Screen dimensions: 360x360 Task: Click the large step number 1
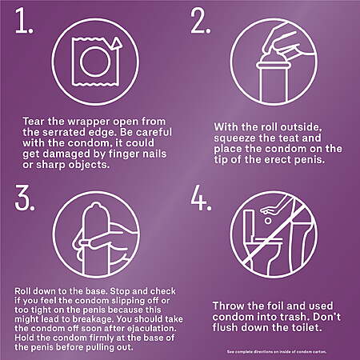click(x=24, y=21)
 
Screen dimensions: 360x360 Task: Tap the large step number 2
click(x=201, y=21)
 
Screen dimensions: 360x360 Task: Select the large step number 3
click(x=25, y=198)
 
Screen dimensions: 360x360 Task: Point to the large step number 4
click(x=202, y=198)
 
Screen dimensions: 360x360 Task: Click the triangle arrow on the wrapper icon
click(x=116, y=43)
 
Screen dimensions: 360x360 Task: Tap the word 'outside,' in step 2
click(x=299, y=127)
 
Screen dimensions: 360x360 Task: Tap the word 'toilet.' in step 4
click(x=306, y=327)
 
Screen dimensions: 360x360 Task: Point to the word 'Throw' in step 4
click(x=228, y=306)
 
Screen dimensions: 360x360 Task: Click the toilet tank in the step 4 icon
click(x=249, y=226)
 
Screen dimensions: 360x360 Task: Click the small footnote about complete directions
click(x=277, y=352)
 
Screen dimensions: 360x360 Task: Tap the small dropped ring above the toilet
click(x=268, y=221)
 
